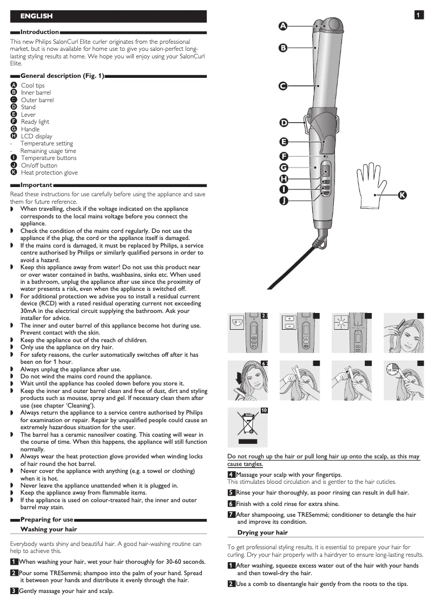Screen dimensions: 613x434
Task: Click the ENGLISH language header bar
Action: click(108, 16)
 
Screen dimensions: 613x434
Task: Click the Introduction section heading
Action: click(40, 32)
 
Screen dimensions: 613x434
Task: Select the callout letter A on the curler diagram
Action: click(283, 25)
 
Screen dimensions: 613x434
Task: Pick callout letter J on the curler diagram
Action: click(283, 201)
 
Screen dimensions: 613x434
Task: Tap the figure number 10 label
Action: click(265, 411)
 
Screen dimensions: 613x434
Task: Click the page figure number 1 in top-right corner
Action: click(419, 15)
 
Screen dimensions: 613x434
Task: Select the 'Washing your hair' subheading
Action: click(48, 529)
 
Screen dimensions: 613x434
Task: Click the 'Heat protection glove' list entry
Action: click(49, 173)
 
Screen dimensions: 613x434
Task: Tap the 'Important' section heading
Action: click(36, 185)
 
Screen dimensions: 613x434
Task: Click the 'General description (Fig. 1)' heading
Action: click(62, 76)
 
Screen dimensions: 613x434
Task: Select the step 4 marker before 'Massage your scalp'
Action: click(231, 475)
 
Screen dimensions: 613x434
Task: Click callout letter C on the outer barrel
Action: click(283, 85)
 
